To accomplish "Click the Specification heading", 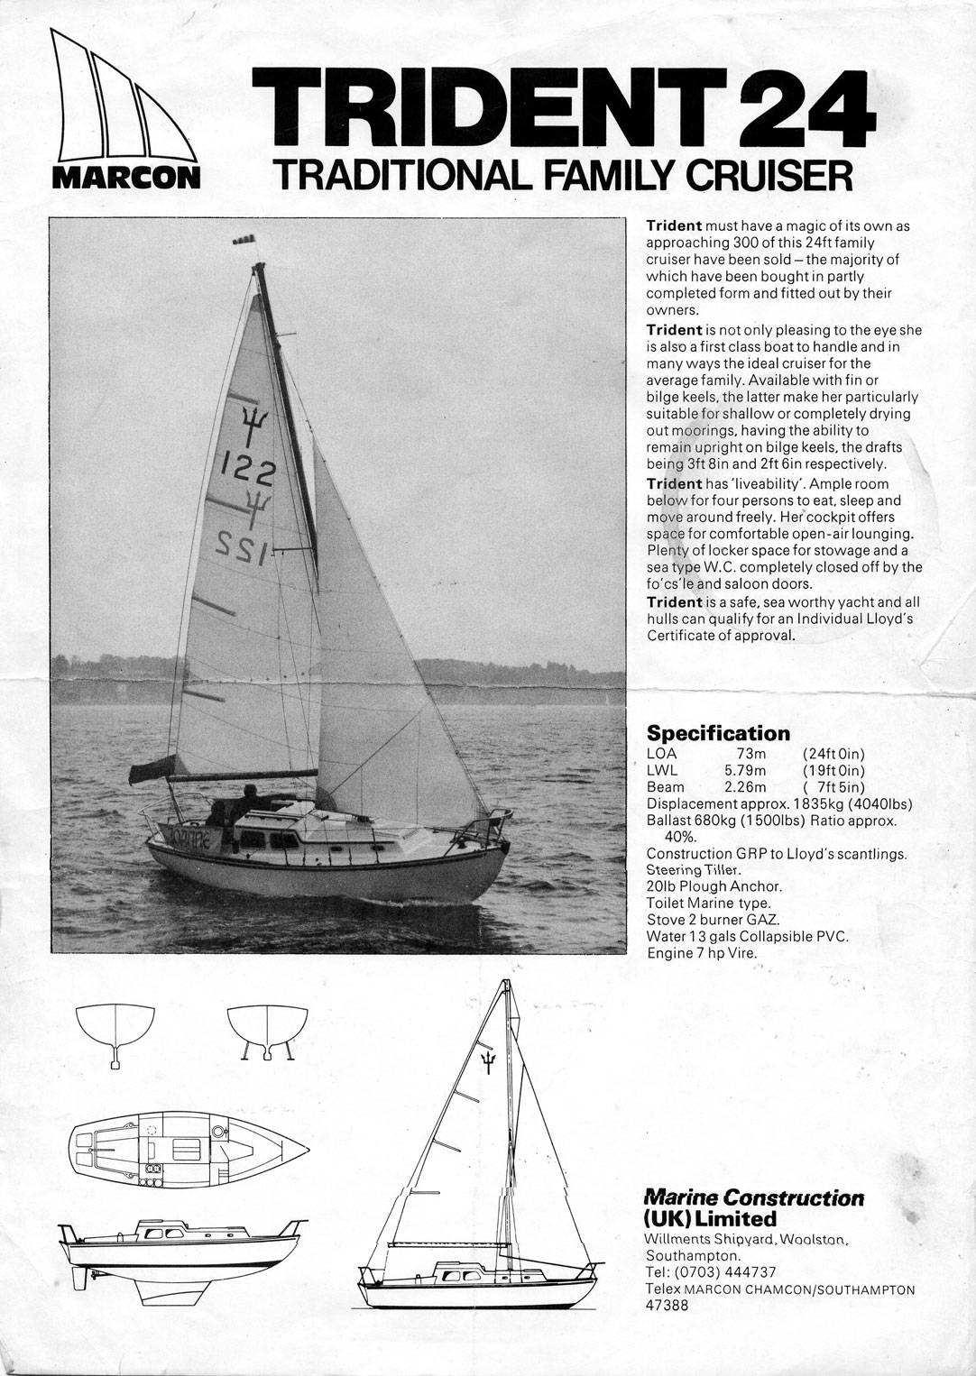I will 718,733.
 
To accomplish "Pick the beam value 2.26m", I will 745,787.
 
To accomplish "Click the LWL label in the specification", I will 662,770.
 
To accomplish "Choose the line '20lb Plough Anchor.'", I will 713,886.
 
